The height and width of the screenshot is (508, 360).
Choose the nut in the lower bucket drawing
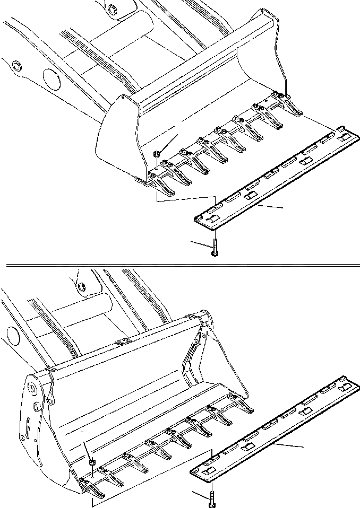[x=91, y=463]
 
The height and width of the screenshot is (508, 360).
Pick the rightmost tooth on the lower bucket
[x=244, y=405]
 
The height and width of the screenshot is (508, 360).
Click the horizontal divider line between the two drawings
[x=181, y=263]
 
